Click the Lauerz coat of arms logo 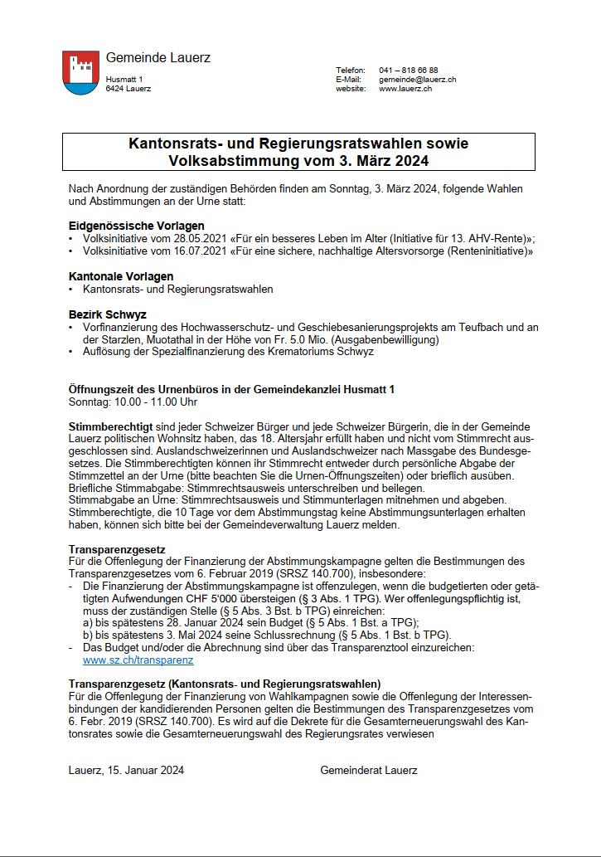[80, 72]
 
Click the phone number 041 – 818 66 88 [409, 70]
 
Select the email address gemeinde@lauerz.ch [418, 79]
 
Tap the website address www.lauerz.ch [405, 88]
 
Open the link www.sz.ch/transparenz [138, 660]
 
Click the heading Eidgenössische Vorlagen [137, 226]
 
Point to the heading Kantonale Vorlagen [121, 276]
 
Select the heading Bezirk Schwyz [107, 314]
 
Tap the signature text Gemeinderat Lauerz [369, 770]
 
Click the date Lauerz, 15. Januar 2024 [126, 770]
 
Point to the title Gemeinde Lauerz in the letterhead [158, 57]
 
